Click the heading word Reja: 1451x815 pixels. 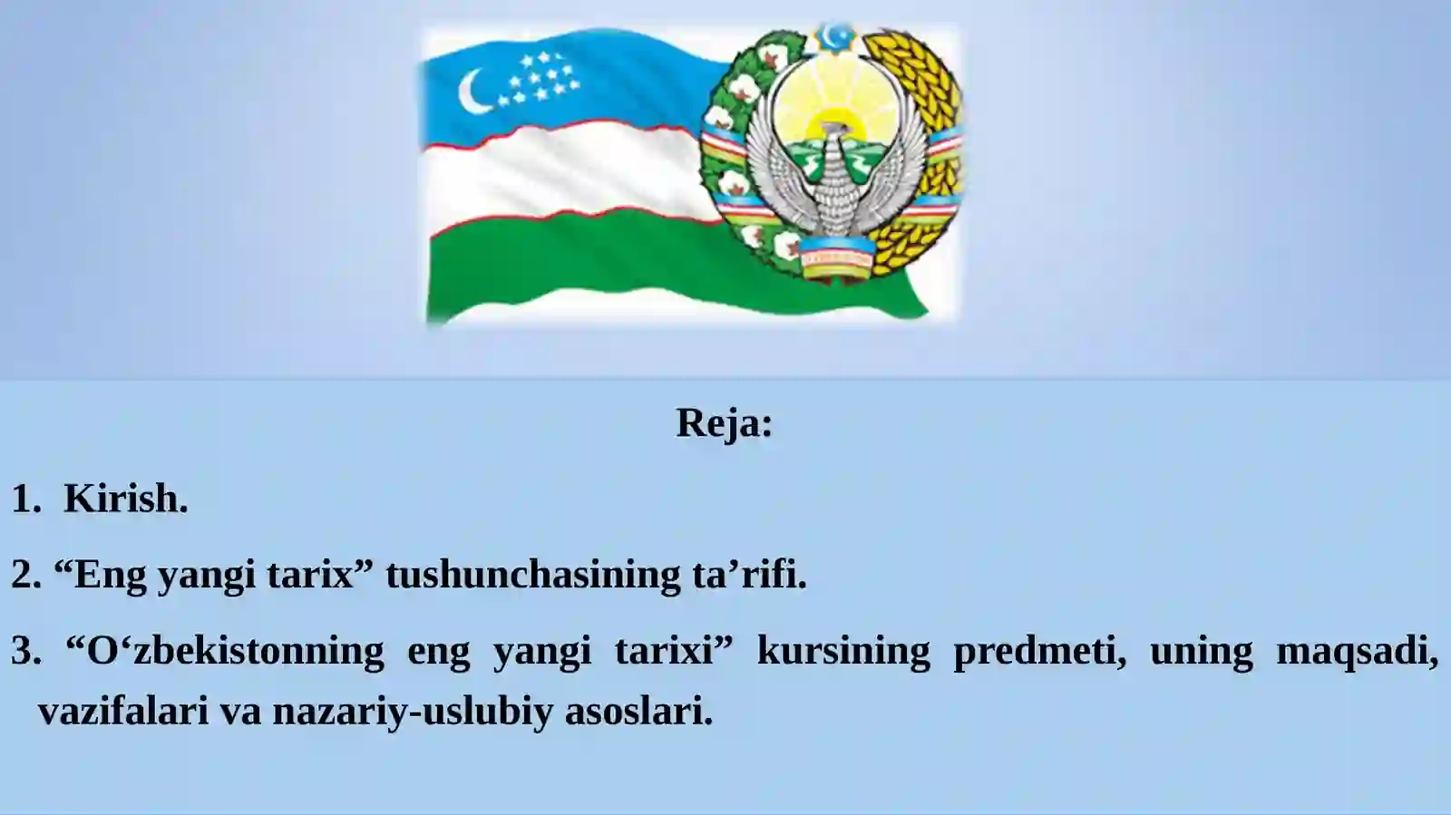point(725,424)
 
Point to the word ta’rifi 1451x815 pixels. point(745,575)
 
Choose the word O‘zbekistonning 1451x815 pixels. point(235,651)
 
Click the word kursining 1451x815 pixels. point(843,651)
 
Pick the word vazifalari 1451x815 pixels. point(123,711)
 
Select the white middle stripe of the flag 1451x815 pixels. point(563,171)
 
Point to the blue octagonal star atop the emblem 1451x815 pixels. point(835,36)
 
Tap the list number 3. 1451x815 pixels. point(25,651)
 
